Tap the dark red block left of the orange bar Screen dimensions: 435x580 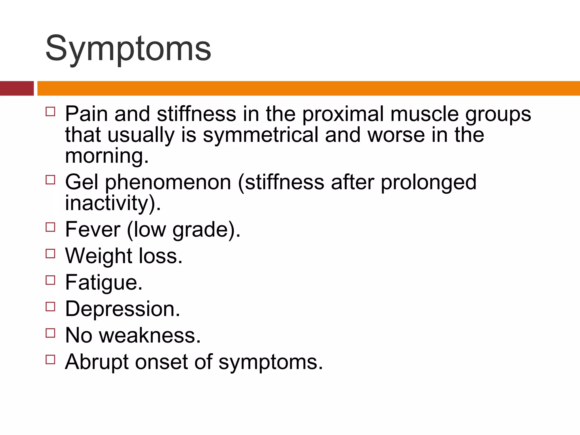pyautogui.click(x=17, y=88)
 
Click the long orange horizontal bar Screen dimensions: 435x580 pyautogui.click(x=308, y=88)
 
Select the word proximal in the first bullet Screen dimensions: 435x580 pyautogui.click(x=342, y=114)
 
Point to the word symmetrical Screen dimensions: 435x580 pyautogui.click(x=261, y=135)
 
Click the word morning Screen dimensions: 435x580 pyautogui.click(x=106, y=156)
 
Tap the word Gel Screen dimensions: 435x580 pyautogui.click(x=82, y=182)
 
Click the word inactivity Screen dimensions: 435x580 pyautogui.click(x=107, y=203)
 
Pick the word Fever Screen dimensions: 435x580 pyautogui.click(x=93, y=229)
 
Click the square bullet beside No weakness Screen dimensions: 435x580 pyautogui.click(x=50, y=333)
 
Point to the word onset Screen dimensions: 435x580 pyautogui.click(x=161, y=362)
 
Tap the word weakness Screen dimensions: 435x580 pyautogui.click(x=150, y=336)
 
